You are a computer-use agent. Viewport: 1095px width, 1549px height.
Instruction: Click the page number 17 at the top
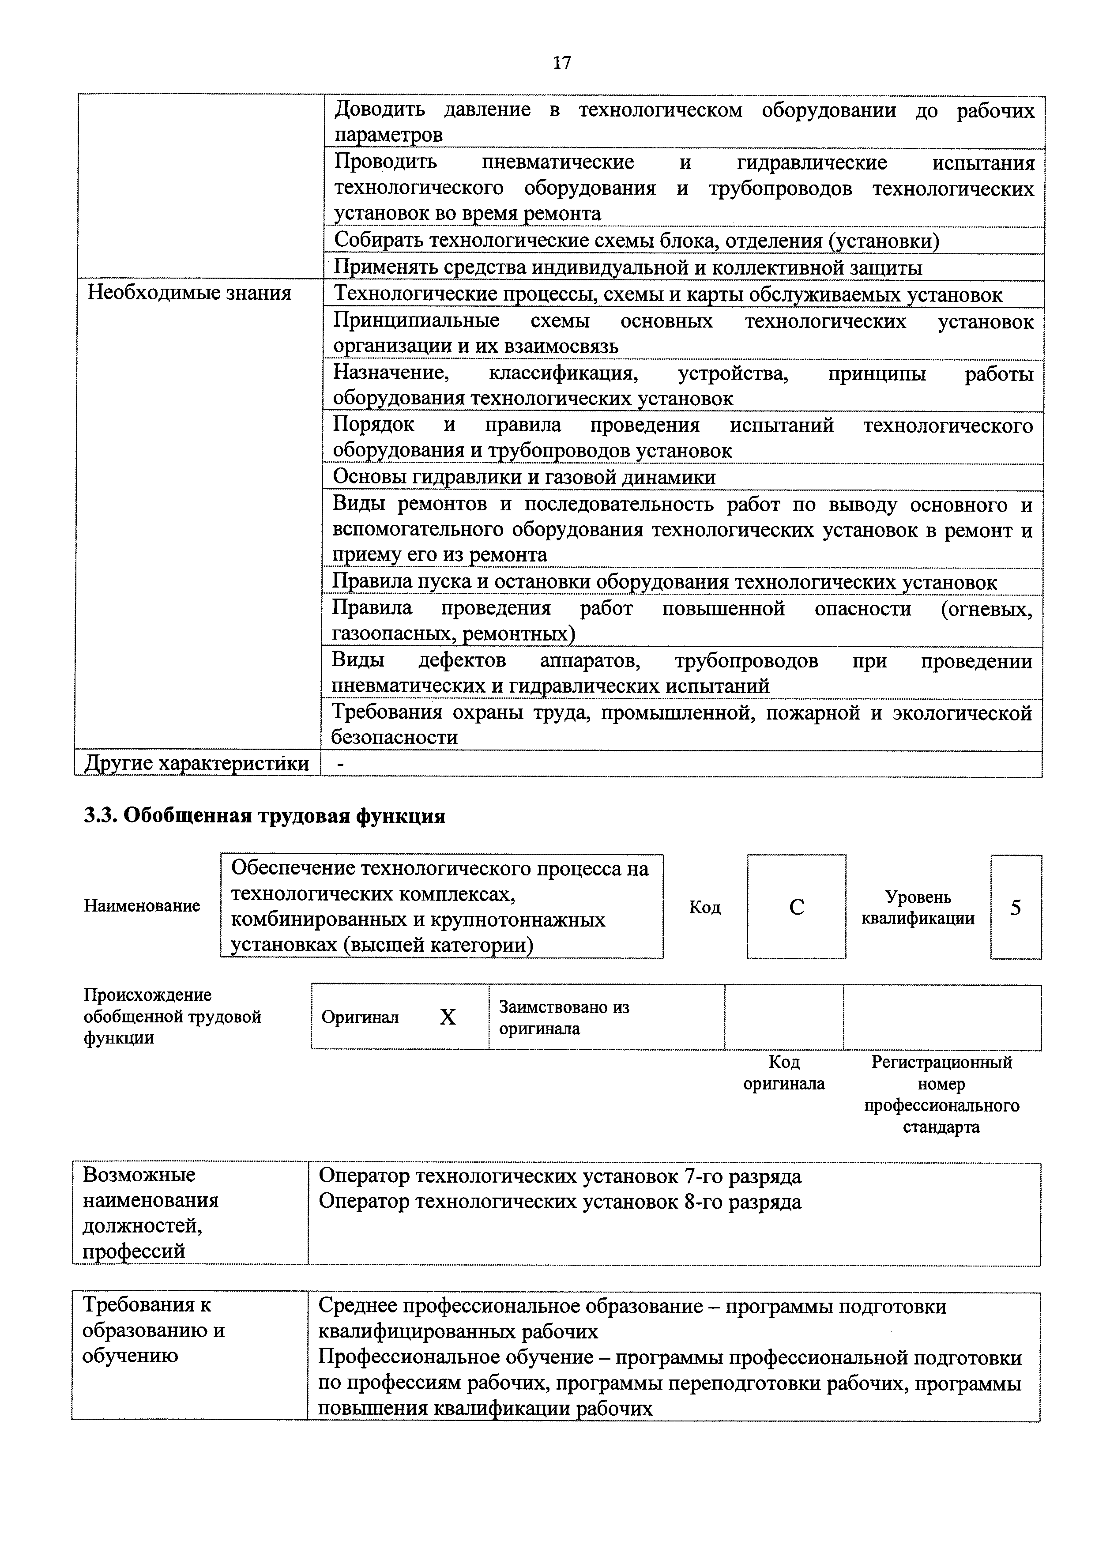(561, 63)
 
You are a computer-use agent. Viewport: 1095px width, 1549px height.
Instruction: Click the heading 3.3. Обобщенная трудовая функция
(264, 816)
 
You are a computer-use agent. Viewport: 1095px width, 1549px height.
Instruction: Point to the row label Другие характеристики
(196, 763)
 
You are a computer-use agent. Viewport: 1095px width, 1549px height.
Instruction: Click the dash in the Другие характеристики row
(339, 763)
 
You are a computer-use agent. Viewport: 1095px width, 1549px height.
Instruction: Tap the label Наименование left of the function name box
(142, 905)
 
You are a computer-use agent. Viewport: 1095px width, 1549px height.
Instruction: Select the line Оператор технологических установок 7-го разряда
(560, 1176)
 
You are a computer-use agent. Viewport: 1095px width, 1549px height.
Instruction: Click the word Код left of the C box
(704, 908)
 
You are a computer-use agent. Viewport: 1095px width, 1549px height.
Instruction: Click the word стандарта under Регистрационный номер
(941, 1127)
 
